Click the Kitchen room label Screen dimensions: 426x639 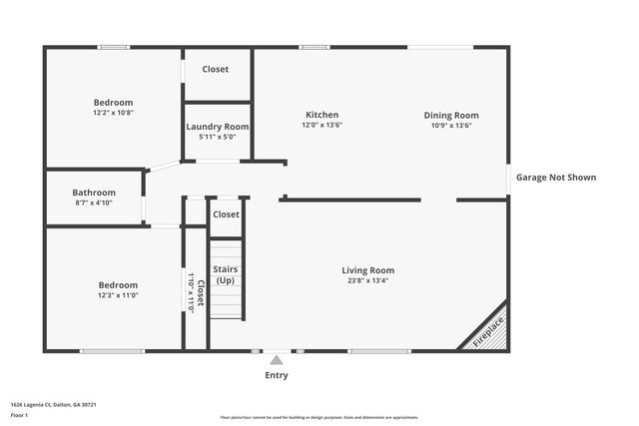click(x=321, y=115)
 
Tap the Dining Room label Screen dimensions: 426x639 click(x=451, y=115)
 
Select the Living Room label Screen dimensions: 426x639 click(x=367, y=270)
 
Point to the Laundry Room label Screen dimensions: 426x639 click(x=218, y=127)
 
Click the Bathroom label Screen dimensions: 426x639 click(x=94, y=193)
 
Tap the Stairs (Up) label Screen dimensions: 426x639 click(x=226, y=275)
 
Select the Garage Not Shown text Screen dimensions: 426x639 click(x=556, y=178)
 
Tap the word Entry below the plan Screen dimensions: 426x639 click(x=277, y=375)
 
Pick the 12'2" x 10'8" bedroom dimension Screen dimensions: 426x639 click(x=113, y=113)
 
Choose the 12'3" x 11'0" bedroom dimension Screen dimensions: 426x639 click(x=117, y=295)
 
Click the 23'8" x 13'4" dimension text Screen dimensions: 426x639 click(x=367, y=281)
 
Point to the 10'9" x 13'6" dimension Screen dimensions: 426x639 click(x=451, y=126)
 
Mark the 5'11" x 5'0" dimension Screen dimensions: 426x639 click(x=218, y=137)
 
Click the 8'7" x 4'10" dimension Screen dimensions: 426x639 click(x=94, y=203)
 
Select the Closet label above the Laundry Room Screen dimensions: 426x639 click(x=216, y=69)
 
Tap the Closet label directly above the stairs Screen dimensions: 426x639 click(x=226, y=214)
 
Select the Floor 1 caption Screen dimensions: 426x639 click(x=19, y=414)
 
